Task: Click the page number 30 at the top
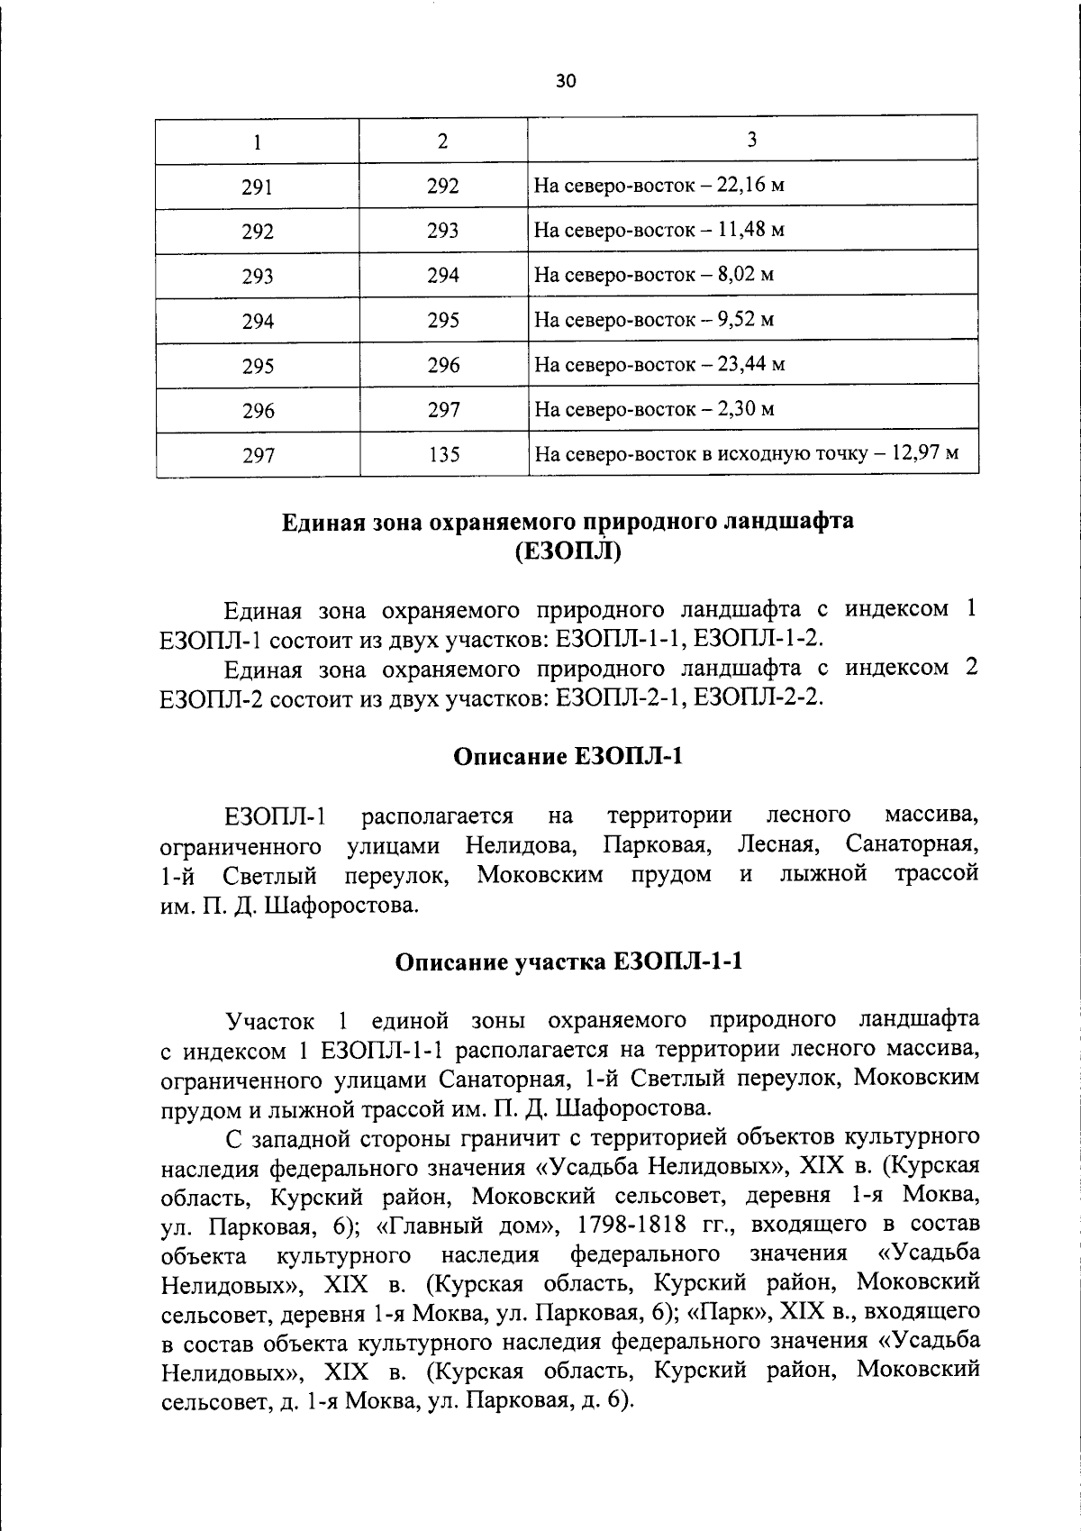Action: tap(565, 81)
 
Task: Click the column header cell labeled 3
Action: tap(752, 140)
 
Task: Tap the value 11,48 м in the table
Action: tap(751, 230)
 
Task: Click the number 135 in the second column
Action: tap(443, 455)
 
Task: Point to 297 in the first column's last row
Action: tap(258, 456)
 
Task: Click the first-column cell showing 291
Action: tap(258, 187)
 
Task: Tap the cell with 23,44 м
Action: tap(751, 365)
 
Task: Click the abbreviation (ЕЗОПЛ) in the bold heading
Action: tap(568, 551)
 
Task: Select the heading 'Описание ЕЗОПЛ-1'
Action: tap(568, 757)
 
